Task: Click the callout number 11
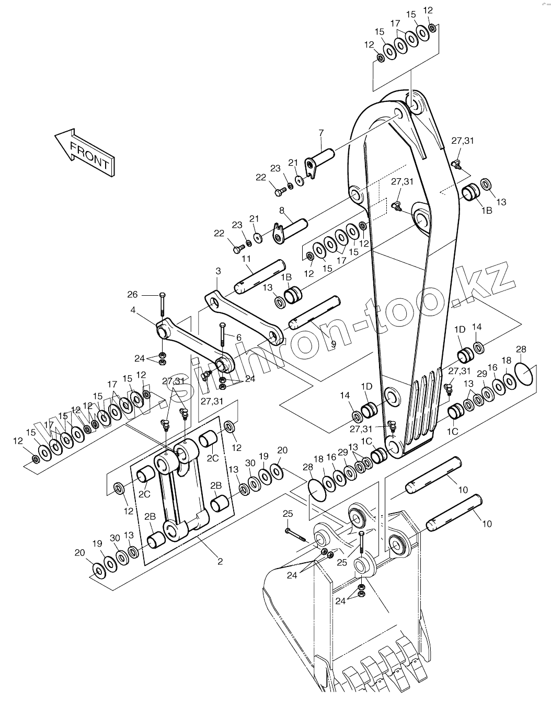tap(246, 259)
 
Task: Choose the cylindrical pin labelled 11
tap(259, 274)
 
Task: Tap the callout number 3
tap(218, 271)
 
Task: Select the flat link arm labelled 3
tap(243, 317)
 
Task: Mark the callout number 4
tap(133, 310)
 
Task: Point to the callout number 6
tap(239, 338)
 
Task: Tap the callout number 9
tap(333, 344)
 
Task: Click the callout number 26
tap(133, 294)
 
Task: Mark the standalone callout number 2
tap(220, 562)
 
